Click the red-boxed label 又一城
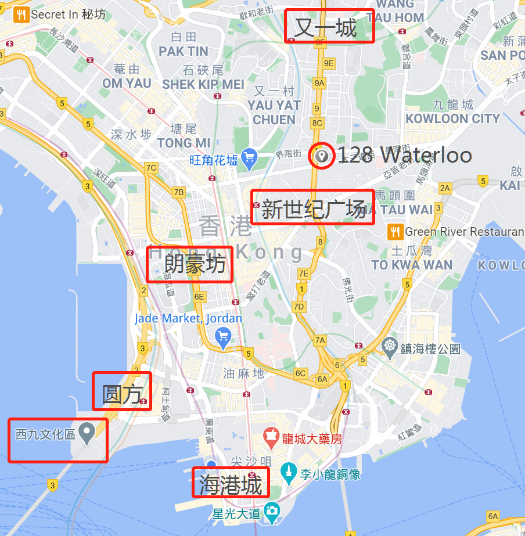(329, 27)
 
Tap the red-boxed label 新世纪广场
(312, 208)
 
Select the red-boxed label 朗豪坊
(189, 264)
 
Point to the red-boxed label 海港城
(231, 483)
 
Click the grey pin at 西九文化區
(87, 432)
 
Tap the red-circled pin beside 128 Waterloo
(321, 156)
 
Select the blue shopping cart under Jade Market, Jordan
(222, 336)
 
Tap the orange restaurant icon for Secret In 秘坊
(21, 15)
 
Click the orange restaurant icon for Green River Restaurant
(395, 232)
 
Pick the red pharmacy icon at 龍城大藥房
(270, 434)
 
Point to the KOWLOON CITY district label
(452, 118)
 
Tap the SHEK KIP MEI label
(203, 84)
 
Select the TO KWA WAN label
(412, 265)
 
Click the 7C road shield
(151, 168)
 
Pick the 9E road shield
(329, 63)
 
